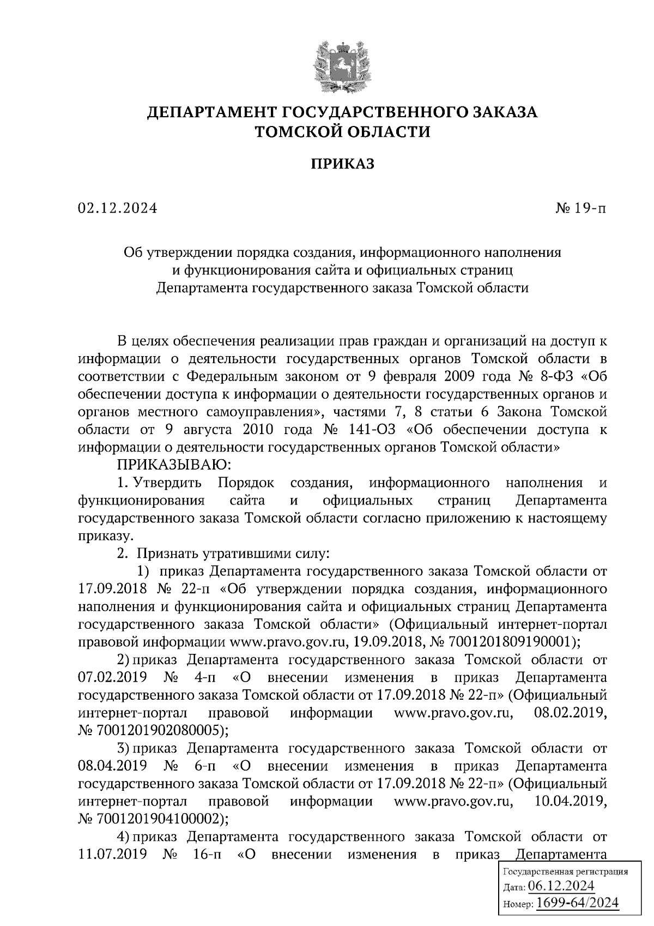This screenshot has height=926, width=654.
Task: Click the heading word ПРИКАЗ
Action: coord(343,164)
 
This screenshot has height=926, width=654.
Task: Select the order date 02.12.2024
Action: coord(117,208)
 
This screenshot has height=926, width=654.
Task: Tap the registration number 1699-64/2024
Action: coord(577,903)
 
